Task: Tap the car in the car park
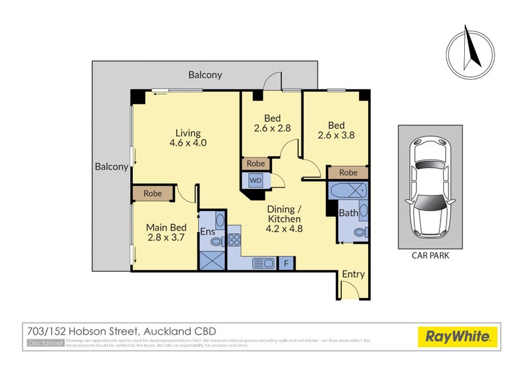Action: [x=430, y=187]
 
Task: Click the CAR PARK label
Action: [x=430, y=256]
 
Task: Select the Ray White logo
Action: [x=458, y=337]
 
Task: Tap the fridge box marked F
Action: [x=286, y=263]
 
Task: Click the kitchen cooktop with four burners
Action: [x=234, y=239]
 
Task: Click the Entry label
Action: [x=353, y=275]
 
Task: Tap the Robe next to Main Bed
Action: [x=152, y=193]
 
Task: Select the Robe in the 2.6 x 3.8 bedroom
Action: [x=348, y=173]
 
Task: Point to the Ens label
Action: [x=208, y=231]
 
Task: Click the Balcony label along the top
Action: [x=205, y=75]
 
